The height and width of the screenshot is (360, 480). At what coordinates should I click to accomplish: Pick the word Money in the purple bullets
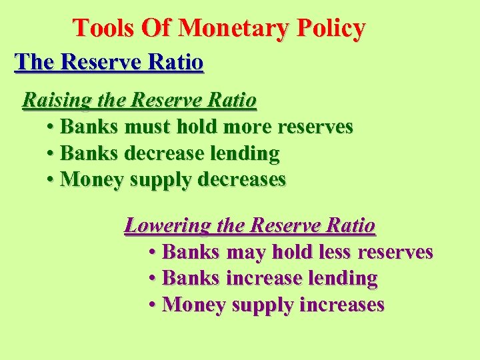point(193,305)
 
